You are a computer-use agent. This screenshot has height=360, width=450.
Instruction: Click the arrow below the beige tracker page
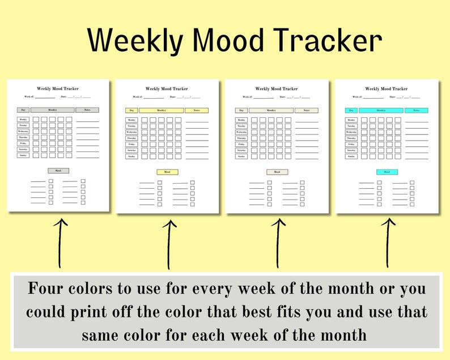click(x=278, y=244)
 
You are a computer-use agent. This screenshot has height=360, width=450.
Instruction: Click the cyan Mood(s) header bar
click(x=380, y=111)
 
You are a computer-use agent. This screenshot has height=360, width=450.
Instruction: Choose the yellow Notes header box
click(x=196, y=111)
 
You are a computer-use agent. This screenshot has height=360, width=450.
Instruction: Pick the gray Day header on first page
click(x=23, y=110)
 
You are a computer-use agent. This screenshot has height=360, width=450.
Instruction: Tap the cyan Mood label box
click(x=387, y=172)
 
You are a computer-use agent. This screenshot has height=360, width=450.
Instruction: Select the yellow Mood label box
click(x=167, y=172)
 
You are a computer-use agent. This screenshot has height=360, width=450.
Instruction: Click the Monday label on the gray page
click(x=23, y=120)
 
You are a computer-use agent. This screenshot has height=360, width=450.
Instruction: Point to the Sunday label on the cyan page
click(x=351, y=156)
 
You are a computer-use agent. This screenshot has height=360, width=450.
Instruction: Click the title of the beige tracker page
click(x=277, y=89)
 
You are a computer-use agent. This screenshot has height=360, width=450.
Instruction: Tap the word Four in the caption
click(x=47, y=289)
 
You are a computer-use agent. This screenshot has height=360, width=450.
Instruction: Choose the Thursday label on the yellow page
click(x=131, y=138)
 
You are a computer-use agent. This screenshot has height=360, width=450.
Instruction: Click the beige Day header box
click(x=241, y=111)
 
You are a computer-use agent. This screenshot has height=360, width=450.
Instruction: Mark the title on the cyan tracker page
click(x=387, y=89)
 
